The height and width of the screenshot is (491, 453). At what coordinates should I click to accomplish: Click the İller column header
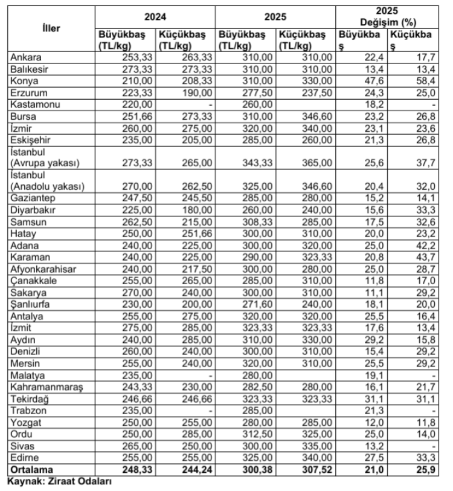(x=51, y=28)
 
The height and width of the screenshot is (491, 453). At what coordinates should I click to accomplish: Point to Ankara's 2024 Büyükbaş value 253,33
(x=136, y=57)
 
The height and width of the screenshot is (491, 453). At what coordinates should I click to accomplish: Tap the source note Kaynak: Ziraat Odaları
(x=61, y=482)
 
